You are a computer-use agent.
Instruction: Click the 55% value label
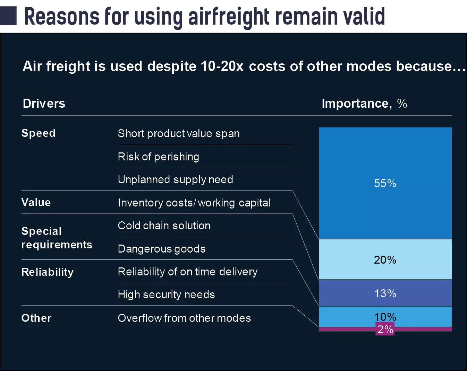pyautogui.click(x=385, y=183)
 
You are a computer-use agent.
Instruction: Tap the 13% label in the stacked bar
pyautogui.click(x=385, y=293)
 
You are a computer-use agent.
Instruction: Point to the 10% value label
pyautogui.click(x=385, y=317)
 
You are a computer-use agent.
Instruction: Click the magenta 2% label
pyautogui.click(x=385, y=329)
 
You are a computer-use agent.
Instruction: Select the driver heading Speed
pyautogui.click(x=39, y=133)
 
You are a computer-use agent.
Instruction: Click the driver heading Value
pyautogui.click(x=36, y=202)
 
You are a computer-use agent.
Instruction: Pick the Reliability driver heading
pyautogui.click(x=48, y=272)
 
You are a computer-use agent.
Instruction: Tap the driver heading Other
pyautogui.click(x=36, y=318)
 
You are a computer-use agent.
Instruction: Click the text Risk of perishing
pyautogui.click(x=158, y=157)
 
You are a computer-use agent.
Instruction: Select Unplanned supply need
pyautogui.click(x=175, y=179)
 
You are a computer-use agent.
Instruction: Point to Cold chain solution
pyautogui.click(x=164, y=226)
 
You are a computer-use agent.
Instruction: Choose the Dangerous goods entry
pyautogui.click(x=162, y=249)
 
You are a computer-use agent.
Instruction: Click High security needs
pyautogui.click(x=166, y=294)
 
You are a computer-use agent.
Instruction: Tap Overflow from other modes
pyautogui.click(x=184, y=318)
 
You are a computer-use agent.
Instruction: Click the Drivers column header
pyautogui.click(x=44, y=103)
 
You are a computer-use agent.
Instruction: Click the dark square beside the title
pyautogui.click(x=8, y=16)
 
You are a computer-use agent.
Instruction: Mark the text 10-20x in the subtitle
pyautogui.click(x=222, y=66)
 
